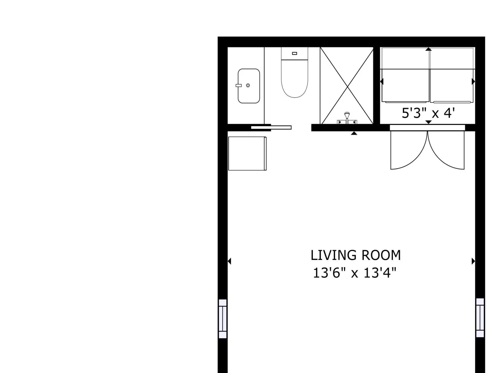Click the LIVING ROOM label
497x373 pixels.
(x=355, y=255)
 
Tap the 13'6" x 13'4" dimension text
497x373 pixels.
(x=355, y=273)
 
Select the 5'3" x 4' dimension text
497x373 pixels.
(x=428, y=113)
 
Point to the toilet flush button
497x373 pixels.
(x=294, y=53)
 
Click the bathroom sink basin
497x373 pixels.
(x=248, y=86)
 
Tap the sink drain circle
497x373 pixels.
(x=248, y=85)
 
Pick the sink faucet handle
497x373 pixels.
(x=239, y=85)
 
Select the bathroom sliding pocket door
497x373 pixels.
(x=271, y=127)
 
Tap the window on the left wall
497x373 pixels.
(x=223, y=319)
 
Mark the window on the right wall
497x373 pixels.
(x=480, y=318)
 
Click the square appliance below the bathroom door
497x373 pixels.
(x=247, y=153)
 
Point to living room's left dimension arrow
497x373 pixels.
(x=229, y=261)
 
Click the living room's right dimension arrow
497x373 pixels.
(x=473, y=261)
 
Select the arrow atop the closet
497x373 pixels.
(x=428, y=49)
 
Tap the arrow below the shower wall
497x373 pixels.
(x=354, y=133)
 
